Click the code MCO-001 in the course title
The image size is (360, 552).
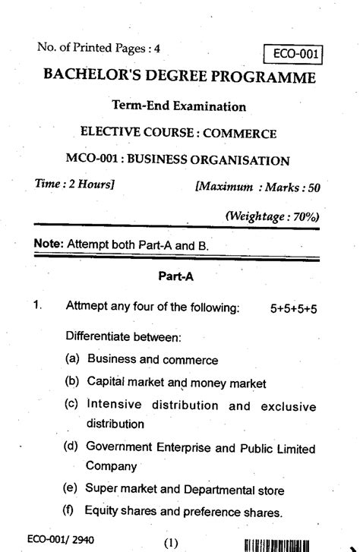click(91, 160)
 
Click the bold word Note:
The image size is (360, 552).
click(49, 244)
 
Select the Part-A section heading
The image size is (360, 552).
click(176, 277)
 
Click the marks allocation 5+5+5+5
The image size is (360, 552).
click(292, 308)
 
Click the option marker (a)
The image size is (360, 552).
click(72, 359)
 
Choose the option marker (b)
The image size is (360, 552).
click(72, 383)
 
